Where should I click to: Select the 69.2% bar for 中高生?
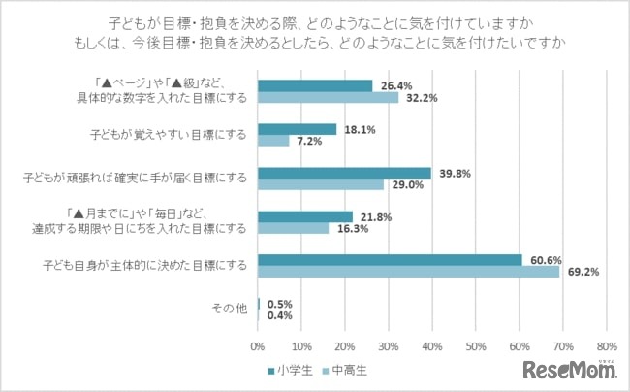[x=408, y=272]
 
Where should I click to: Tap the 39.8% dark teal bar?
[x=344, y=173]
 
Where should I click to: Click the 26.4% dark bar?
[x=315, y=85]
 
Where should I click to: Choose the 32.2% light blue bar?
[x=328, y=97]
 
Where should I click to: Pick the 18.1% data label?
[x=356, y=129]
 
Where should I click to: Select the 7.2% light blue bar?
[x=273, y=141]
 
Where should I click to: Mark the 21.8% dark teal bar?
[x=305, y=216]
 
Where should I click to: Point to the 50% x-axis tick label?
[x=475, y=345]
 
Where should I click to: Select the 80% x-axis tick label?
[x=606, y=345]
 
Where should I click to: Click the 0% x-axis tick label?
[x=258, y=345]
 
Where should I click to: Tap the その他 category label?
[x=230, y=309]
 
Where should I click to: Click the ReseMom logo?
[x=569, y=369]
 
